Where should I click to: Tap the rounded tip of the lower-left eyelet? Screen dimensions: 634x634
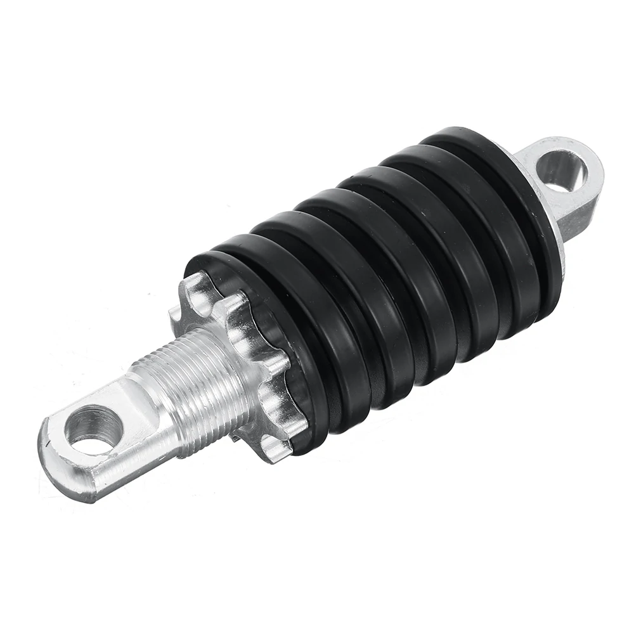(51, 456)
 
